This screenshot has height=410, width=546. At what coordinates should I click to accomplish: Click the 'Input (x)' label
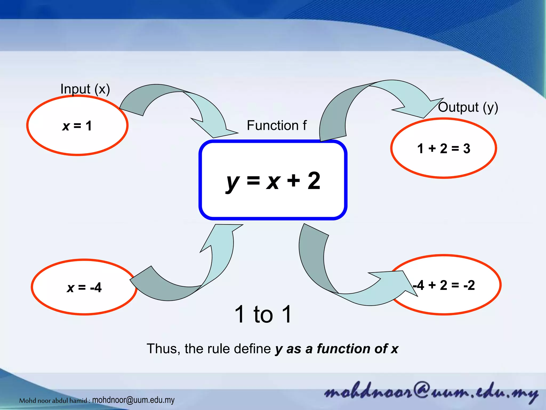[85, 89]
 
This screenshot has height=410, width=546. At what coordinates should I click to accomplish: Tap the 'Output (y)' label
[468, 107]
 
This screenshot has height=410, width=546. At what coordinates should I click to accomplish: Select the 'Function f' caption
[276, 125]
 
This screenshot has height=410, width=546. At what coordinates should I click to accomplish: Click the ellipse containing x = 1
[77, 125]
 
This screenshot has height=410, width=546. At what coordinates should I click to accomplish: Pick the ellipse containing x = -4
[84, 287]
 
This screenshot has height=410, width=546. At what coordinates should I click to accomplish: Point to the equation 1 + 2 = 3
[444, 148]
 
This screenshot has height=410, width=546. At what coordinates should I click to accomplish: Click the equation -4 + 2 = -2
[444, 285]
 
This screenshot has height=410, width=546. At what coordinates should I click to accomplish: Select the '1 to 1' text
[263, 314]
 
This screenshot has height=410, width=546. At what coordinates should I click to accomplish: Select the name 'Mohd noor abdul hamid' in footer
[53, 400]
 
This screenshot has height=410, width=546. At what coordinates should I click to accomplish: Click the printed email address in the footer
[133, 400]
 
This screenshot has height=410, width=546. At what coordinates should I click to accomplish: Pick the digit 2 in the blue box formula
[314, 181]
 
